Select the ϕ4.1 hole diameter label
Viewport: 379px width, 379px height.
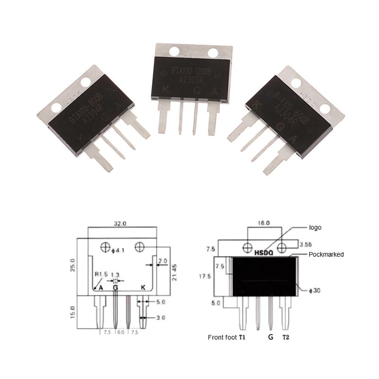[117, 247]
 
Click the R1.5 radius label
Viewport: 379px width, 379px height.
[101, 274]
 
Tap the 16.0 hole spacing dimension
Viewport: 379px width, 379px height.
[263, 222]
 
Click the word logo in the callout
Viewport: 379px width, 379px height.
[315, 227]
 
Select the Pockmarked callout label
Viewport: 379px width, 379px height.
[326, 254]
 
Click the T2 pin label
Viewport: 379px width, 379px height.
[286, 337]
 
